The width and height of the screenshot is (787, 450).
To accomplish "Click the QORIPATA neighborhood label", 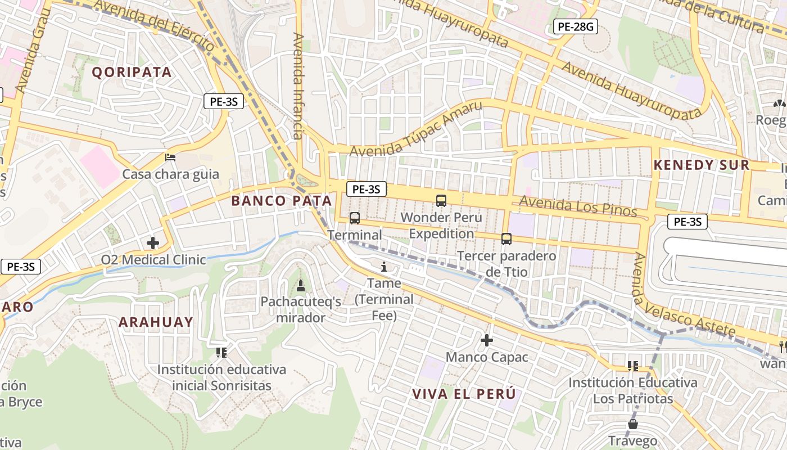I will click(132, 72).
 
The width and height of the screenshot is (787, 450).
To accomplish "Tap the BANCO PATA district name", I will click(281, 201).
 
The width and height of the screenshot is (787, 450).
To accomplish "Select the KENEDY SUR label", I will click(701, 165).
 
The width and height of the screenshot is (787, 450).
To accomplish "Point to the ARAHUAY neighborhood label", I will click(156, 322).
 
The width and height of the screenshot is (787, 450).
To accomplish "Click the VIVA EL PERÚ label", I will click(464, 394).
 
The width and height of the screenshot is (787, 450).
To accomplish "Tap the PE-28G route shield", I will click(575, 26).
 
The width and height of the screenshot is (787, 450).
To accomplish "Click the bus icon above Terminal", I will click(355, 218).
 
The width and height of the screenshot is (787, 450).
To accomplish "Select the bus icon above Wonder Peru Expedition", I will click(441, 200).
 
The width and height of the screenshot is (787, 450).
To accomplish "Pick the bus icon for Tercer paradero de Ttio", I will click(506, 239).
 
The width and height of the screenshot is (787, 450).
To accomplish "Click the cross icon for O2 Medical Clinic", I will click(152, 243).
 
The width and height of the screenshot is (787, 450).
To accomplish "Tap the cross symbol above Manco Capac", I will click(487, 340).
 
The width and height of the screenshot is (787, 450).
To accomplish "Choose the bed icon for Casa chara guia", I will click(170, 157).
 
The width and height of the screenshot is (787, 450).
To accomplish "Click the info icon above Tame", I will click(385, 267).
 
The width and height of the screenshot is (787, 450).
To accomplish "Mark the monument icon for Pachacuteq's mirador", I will click(301, 286).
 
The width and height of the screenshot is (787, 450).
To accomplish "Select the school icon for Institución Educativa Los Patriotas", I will click(633, 366).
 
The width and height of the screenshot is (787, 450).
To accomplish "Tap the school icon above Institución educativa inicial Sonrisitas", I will click(221, 353).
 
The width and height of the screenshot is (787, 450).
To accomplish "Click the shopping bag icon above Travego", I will click(633, 424).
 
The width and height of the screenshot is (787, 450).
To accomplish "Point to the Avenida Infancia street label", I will click(298, 85).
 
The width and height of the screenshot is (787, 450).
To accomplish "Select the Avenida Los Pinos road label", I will click(578, 206).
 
